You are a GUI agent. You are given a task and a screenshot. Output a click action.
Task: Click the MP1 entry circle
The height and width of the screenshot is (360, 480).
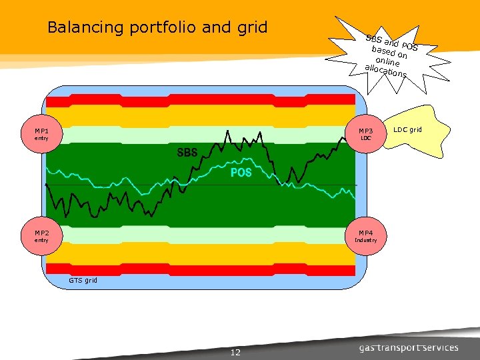click(42, 135)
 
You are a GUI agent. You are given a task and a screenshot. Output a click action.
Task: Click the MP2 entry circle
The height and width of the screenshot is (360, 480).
click(42, 236)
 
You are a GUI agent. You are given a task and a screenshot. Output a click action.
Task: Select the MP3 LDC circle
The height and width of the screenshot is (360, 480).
click(366, 135)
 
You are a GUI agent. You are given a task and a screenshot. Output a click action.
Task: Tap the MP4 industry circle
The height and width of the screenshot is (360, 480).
click(366, 236)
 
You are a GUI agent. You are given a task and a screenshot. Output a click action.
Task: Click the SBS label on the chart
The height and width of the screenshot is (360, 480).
click(187, 153)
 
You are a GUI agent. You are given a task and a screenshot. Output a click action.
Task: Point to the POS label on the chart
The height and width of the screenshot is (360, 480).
click(241, 173)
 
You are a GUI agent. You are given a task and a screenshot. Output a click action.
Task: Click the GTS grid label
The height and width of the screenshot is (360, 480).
click(83, 281)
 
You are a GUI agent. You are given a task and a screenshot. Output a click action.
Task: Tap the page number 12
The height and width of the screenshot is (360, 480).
click(235, 352)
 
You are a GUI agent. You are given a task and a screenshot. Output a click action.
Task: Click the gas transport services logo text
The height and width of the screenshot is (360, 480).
click(409, 347)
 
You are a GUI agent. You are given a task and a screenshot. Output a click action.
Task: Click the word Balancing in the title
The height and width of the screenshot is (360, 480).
click(86, 27)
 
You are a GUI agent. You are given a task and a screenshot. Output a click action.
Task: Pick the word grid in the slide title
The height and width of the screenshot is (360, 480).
click(252, 27)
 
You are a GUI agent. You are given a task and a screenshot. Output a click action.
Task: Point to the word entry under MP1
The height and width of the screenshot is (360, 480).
click(42, 139)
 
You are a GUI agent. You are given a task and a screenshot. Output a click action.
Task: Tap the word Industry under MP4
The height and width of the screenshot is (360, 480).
click(366, 240)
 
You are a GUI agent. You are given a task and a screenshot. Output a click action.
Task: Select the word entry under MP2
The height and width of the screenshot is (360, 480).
click(42, 240)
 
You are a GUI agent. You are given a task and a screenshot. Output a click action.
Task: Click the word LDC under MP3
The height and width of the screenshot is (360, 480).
click(366, 139)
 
